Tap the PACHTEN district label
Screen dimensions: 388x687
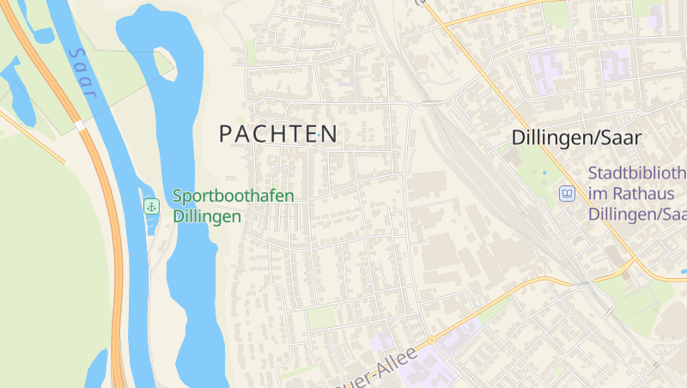pos(278,134)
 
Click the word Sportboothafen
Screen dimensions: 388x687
pos(233,196)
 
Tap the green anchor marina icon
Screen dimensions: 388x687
pos(151,206)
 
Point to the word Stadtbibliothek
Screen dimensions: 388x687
pos(636,173)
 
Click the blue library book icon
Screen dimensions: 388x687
pos(567,193)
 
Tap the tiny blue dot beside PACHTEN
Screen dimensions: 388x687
pos(319,136)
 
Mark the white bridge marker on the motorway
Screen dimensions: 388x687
pos(79,125)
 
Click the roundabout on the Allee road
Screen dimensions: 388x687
pos(432,340)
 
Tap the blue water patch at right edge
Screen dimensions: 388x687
pos(683,272)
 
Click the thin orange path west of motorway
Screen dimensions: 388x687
pos(34,137)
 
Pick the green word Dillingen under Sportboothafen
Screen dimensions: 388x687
pos(206,216)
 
